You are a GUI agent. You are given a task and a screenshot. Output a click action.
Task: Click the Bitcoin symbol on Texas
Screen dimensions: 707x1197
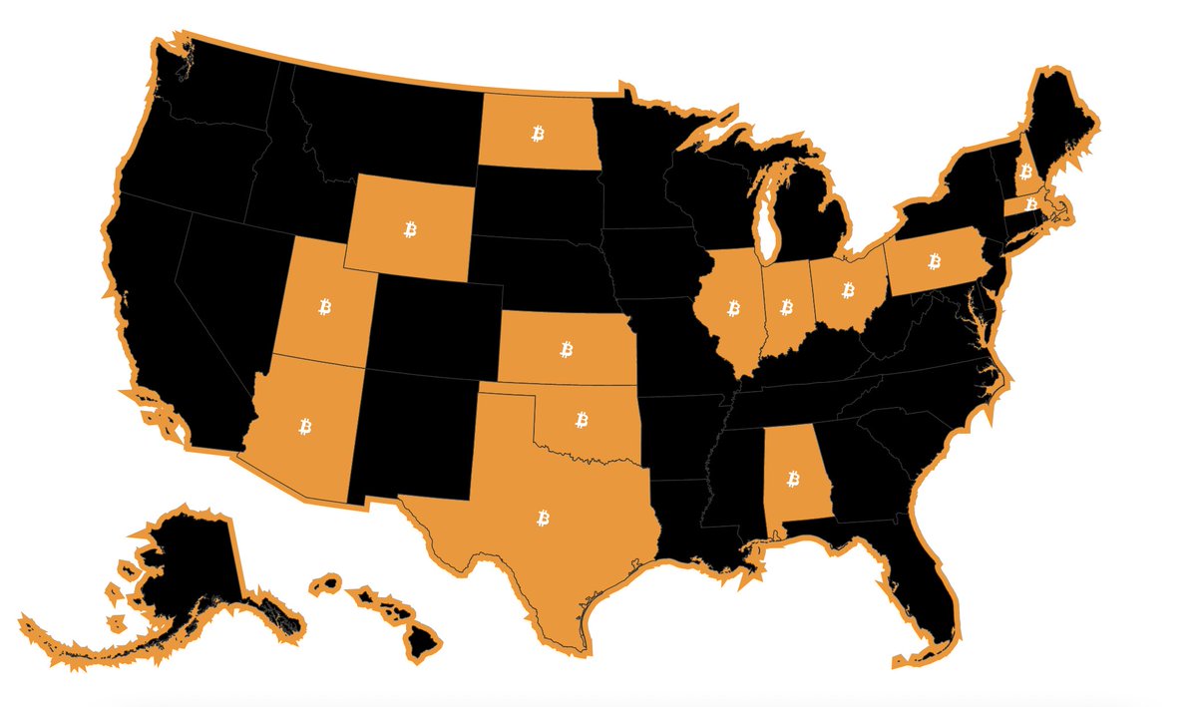click(544, 518)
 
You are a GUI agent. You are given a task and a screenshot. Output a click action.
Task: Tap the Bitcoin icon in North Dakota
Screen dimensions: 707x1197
click(538, 133)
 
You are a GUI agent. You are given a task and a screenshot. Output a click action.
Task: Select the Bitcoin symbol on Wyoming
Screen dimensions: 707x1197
click(410, 230)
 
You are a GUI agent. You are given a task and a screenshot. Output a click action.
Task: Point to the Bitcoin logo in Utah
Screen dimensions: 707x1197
click(324, 305)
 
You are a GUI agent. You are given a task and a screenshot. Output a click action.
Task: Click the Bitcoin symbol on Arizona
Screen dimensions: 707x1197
click(304, 426)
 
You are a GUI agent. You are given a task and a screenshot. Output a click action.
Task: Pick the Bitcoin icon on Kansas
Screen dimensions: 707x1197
click(567, 349)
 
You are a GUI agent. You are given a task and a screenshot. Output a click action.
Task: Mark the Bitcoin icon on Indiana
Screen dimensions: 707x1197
click(786, 306)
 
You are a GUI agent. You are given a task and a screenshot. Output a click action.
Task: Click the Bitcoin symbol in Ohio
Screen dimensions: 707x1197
click(848, 290)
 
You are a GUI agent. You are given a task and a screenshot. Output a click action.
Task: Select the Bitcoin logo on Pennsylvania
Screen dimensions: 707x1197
click(935, 261)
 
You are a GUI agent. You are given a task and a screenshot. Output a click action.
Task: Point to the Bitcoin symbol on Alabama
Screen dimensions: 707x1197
click(794, 480)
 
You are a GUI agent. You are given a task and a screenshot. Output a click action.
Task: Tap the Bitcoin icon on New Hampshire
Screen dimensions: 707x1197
click(1025, 172)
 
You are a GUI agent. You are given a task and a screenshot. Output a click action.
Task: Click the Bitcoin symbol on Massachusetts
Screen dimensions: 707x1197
click(1031, 203)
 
